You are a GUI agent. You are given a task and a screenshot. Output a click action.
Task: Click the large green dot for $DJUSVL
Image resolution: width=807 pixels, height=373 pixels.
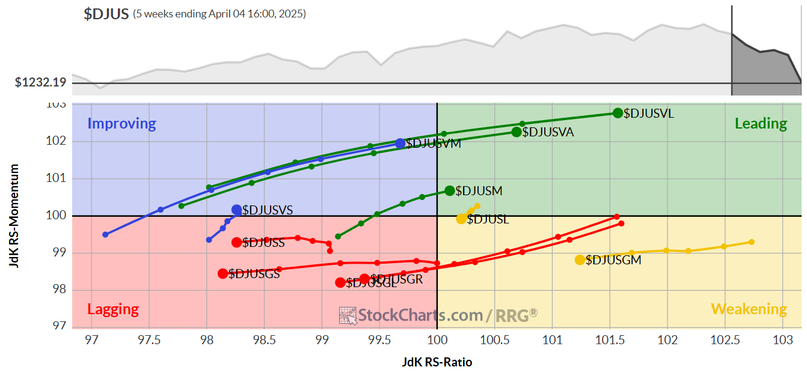point(618,113)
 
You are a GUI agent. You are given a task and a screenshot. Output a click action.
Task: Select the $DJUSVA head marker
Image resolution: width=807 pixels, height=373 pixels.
point(516,132)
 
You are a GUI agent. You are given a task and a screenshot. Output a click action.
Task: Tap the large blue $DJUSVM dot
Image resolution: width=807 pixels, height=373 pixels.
point(400,144)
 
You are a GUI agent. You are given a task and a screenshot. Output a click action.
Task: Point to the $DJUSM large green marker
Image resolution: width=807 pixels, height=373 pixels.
point(450,191)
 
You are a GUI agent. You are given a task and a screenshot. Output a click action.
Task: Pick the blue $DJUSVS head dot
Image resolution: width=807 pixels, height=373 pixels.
point(237,210)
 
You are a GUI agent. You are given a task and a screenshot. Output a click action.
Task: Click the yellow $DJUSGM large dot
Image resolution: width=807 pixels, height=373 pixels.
point(580,260)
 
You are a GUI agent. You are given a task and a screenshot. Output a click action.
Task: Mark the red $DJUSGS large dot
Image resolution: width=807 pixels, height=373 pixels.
point(223,274)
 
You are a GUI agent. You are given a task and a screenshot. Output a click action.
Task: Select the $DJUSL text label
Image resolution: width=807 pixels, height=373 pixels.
point(488,220)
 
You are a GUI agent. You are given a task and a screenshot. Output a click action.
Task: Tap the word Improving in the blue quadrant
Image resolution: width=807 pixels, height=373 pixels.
point(121,124)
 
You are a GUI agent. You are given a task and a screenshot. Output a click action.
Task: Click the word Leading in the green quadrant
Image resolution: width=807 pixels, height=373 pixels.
point(761,124)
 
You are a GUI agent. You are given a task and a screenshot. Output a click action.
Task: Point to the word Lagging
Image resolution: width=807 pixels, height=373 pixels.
point(113,309)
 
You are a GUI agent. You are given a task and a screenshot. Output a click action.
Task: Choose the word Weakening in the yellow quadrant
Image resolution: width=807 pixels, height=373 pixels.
point(749,309)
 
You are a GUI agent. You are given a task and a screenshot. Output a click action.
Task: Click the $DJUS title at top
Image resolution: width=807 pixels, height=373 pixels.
point(106,14)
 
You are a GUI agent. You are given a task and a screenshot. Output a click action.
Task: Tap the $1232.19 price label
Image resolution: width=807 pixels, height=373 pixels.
point(40,82)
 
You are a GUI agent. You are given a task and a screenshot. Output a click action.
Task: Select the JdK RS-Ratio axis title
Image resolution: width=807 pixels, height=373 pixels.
point(437,362)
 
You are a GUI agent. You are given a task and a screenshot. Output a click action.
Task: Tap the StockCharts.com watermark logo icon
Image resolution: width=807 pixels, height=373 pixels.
point(348,315)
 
